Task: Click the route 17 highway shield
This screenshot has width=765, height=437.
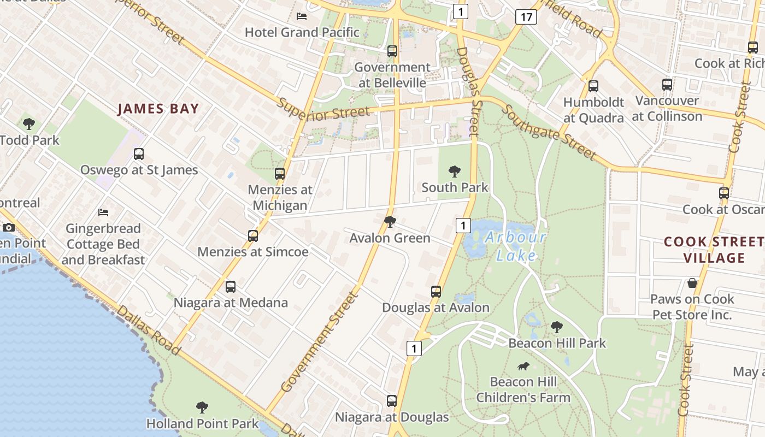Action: tap(526, 17)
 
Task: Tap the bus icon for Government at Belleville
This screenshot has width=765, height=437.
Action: tap(392, 51)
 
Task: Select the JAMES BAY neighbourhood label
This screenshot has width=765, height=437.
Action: tap(158, 109)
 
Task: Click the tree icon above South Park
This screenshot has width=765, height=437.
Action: tap(454, 172)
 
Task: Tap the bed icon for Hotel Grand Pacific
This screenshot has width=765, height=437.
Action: tap(301, 16)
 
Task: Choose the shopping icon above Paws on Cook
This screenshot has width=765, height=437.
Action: tap(692, 283)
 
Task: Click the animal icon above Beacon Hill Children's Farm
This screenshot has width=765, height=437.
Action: tap(523, 366)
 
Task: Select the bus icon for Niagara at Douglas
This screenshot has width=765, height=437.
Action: tap(391, 401)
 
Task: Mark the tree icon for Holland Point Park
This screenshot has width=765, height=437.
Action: tap(202, 407)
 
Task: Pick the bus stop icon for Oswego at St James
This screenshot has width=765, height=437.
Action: tap(139, 154)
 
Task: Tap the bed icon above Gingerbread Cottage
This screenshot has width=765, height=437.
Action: tap(103, 212)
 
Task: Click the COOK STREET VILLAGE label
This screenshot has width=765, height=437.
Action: tap(714, 250)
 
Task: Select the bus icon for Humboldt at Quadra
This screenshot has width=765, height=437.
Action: tap(593, 86)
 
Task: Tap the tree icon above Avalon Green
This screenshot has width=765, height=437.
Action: tap(390, 221)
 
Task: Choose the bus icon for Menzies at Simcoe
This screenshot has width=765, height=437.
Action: tap(252, 236)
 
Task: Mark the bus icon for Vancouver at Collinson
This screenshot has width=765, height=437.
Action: tap(667, 85)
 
